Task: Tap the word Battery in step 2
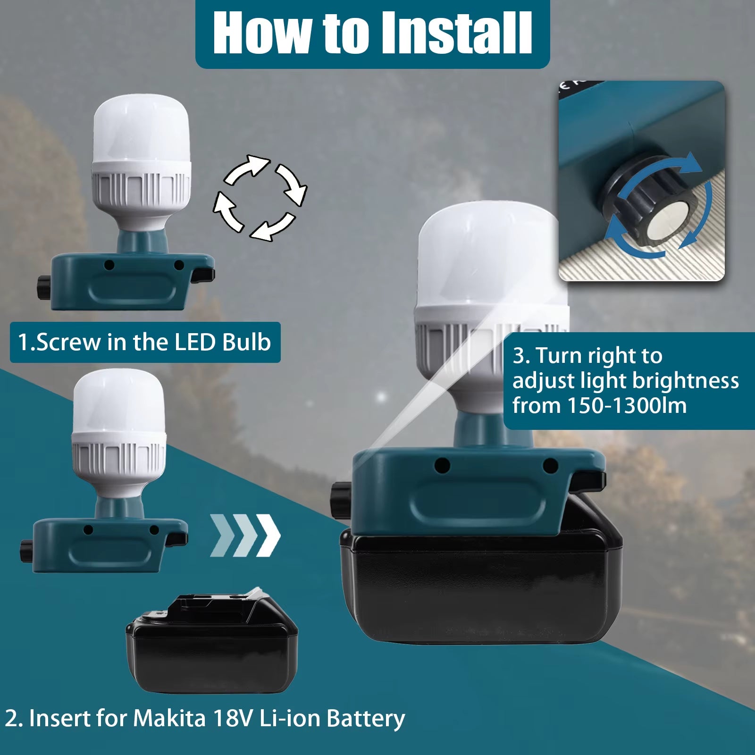click(366, 718)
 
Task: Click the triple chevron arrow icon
click(245, 535)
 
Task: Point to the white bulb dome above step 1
click(141, 132)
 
